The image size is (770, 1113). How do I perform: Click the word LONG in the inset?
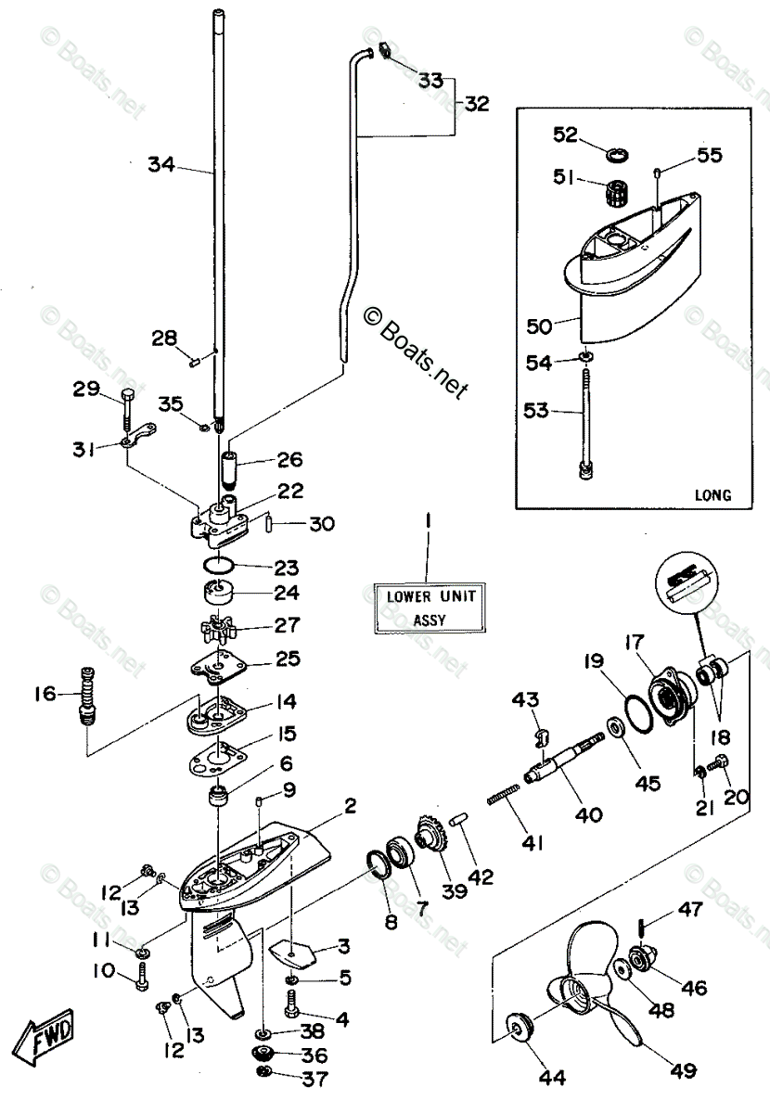712,494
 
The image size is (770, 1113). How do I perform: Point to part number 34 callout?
160,165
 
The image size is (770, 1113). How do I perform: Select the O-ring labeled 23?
219,565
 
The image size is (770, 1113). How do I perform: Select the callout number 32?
476,104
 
